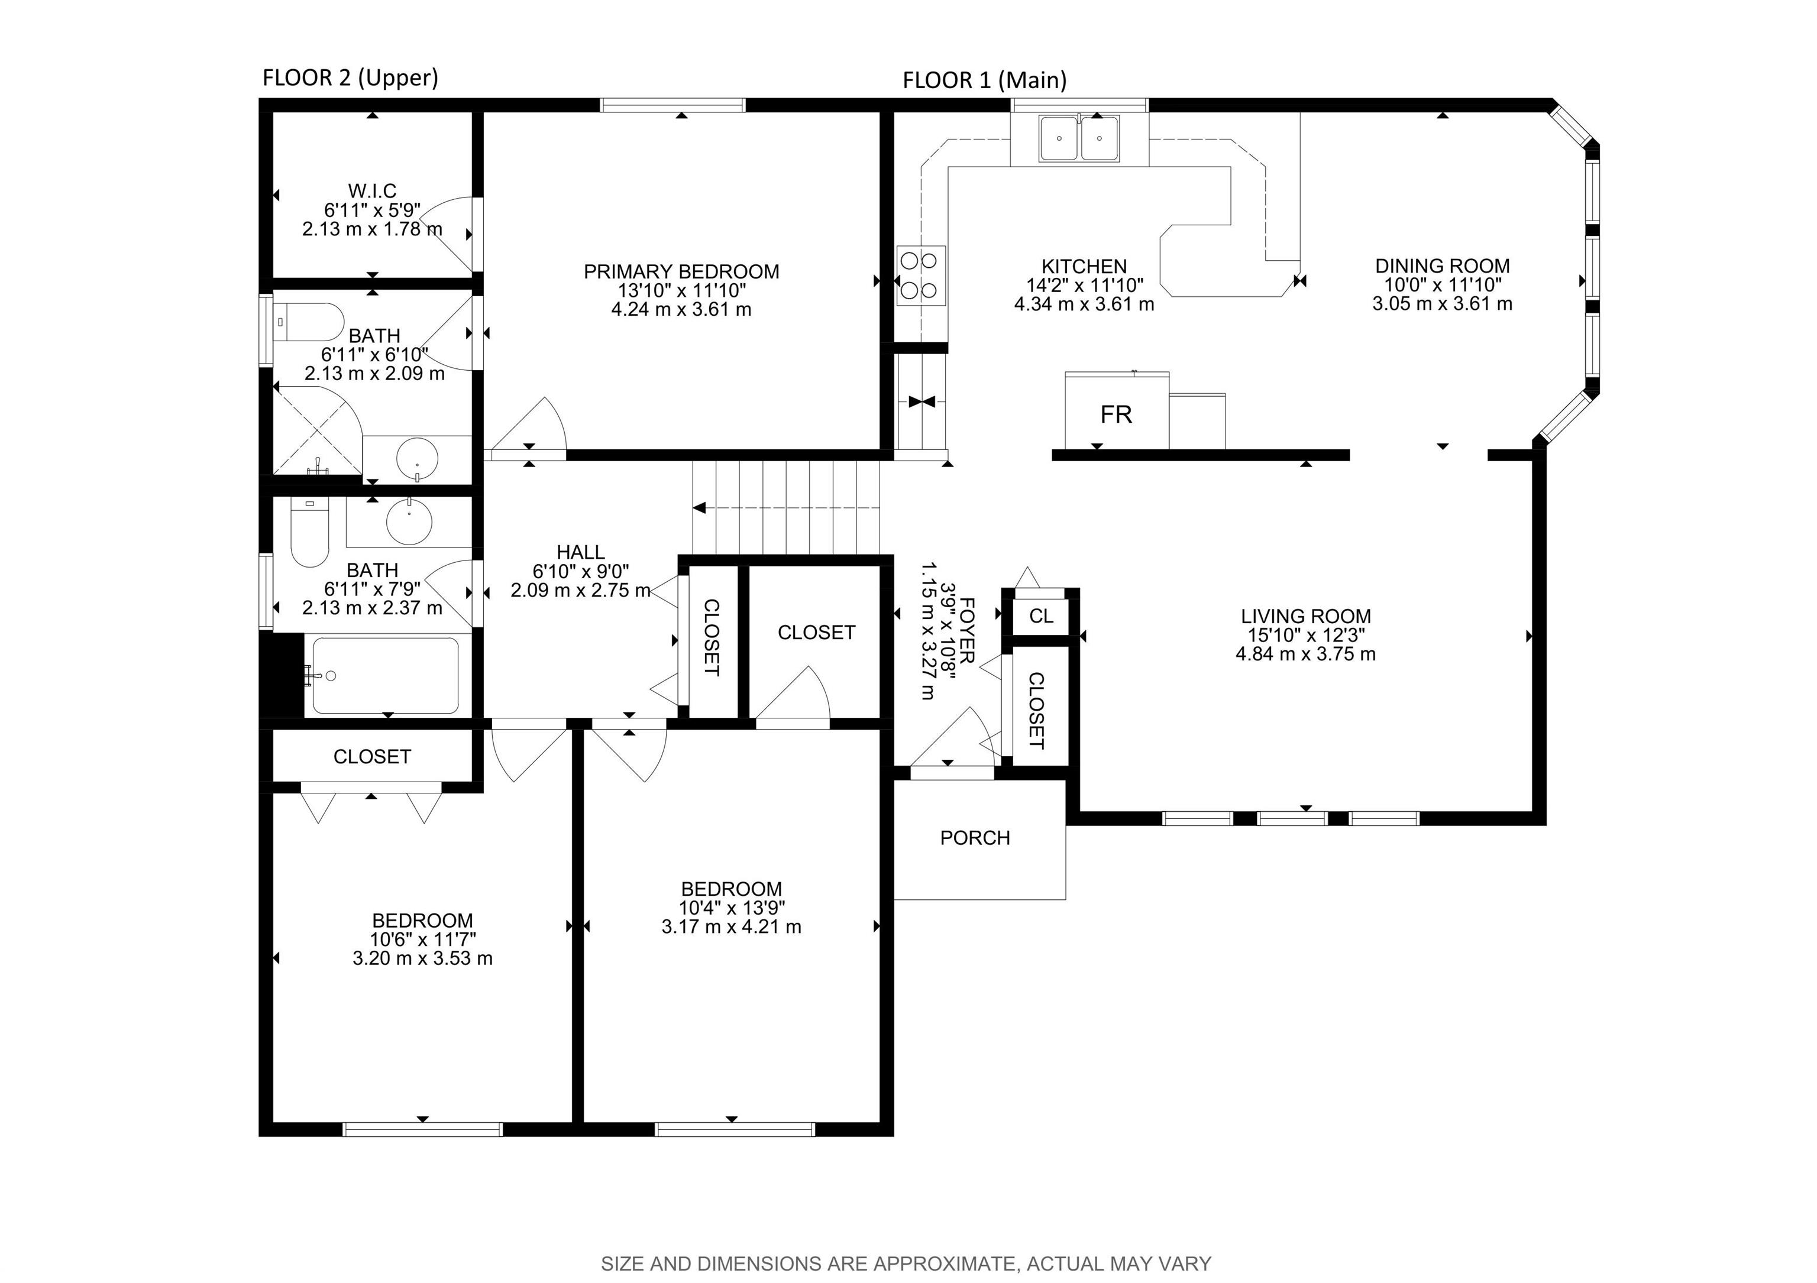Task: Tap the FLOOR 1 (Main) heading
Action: [x=984, y=80]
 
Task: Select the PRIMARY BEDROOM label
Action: [x=681, y=271]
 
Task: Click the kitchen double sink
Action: [x=1079, y=138]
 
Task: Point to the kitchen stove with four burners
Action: [x=921, y=276]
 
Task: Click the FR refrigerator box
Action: [x=1117, y=412]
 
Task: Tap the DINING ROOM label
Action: [x=1442, y=266]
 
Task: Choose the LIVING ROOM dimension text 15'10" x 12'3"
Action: [x=1306, y=635]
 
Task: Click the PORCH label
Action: [x=975, y=838]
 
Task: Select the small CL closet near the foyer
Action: [x=1040, y=615]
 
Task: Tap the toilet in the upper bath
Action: [x=309, y=322]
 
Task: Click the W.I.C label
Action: [x=372, y=190]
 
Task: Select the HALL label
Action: [x=581, y=552]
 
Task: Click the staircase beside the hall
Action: [x=786, y=508]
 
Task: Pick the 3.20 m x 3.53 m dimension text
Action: [x=422, y=958]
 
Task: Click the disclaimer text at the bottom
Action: [x=906, y=1264]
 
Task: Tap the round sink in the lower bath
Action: [x=409, y=520]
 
